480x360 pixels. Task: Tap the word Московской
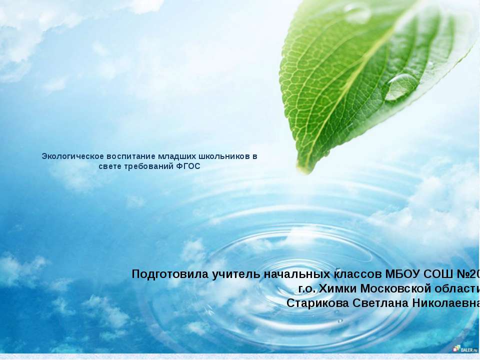click(x=396, y=288)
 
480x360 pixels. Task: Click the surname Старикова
click(x=318, y=303)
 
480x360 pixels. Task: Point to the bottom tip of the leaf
click(x=303, y=172)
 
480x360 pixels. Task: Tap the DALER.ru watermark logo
click(x=464, y=348)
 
